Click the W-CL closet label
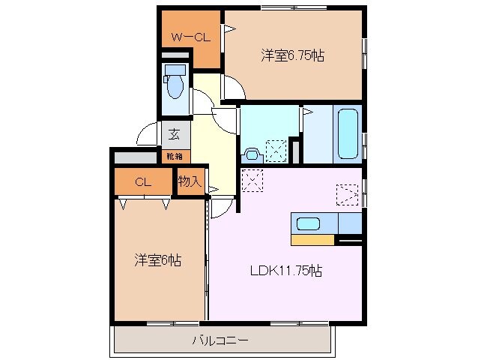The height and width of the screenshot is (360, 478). (190, 37)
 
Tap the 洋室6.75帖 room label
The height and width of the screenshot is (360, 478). (292, 55)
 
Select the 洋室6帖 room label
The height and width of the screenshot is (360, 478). (157, 260)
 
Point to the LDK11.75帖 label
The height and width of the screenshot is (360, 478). (286, 270)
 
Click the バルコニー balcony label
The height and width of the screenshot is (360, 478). (220, 340)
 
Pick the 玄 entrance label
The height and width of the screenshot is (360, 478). (174, 134)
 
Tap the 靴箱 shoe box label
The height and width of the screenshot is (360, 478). (175, 157)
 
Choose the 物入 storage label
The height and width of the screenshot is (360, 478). (190, 181)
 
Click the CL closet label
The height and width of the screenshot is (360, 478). (143, 182)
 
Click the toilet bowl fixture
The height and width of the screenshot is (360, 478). (175, 82)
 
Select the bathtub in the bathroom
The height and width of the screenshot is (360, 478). (348, 134)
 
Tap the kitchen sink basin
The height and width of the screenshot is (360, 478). (308, 223)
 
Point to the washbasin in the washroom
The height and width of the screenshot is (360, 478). (252, 155)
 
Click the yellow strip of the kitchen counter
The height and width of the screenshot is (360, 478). (312, 240)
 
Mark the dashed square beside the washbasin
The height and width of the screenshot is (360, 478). (276, 151)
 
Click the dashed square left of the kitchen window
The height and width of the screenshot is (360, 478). (347, 195)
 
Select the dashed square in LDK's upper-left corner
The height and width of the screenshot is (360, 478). (252, 181)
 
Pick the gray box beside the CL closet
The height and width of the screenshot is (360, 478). (136, 157)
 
